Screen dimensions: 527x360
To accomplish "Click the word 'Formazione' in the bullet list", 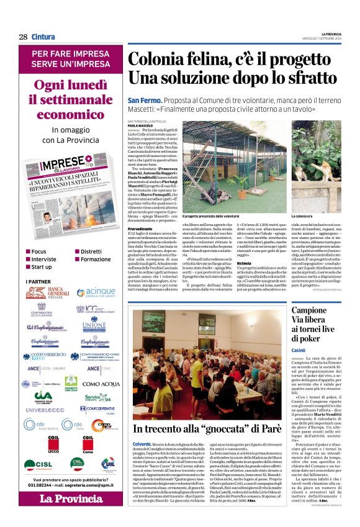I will [96, 259].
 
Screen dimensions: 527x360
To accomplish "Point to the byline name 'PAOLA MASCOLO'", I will [140, 125].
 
